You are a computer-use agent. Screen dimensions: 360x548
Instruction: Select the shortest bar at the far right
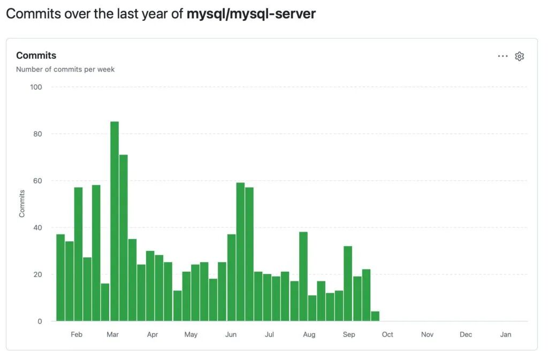(x=375, y=316)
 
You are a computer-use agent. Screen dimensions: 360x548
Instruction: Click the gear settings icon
(x=519, y=56)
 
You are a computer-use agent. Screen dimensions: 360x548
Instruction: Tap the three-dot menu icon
(x=503, y=56)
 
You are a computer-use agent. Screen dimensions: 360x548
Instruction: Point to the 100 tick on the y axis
(x=36, y=87)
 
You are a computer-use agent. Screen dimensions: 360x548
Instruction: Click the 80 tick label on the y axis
(x=37, y=134)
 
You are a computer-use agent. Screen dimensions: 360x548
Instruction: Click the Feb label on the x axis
(x=77, y=334)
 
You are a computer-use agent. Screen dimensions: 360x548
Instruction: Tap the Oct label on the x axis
(x=387, y=334)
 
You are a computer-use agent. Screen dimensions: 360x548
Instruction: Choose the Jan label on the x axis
(x=506, y=334)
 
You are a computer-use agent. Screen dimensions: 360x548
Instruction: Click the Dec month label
(x=466, y=334)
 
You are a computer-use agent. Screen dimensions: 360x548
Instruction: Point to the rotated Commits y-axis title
(x=22, y=203)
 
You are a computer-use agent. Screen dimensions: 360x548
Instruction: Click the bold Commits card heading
(x=36, y=56)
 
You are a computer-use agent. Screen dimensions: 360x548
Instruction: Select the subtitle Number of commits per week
(x=65, y=69)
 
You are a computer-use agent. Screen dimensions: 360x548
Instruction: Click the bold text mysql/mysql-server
(x=251, y=14)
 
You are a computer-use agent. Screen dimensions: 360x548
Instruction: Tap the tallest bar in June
(x=240, y=251)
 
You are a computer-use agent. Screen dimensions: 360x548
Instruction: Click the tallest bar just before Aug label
(x=303, y=276)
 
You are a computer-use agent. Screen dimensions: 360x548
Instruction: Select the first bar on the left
(x=60, y=278)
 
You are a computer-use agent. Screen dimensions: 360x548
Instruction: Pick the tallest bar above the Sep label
(x=348, y=284)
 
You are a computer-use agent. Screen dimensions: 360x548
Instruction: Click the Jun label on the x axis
(x=231, y=334)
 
